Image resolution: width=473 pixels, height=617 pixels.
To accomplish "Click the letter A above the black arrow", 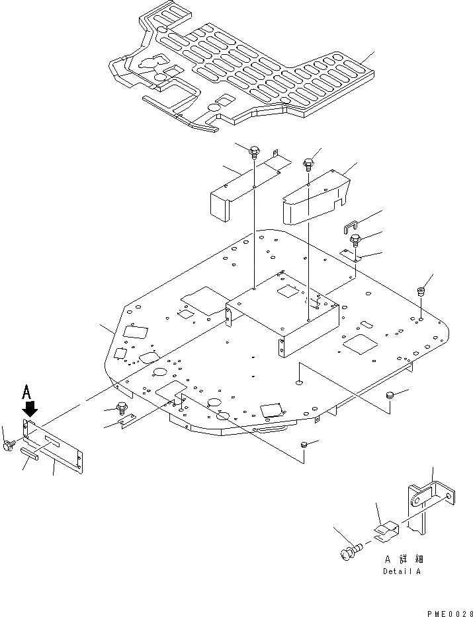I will coord(26,392).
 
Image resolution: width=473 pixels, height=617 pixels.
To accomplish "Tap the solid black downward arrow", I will coord(30,409).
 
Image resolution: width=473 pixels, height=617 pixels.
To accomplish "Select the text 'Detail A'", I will coord(401,571).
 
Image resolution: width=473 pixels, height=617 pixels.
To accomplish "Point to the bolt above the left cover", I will coord(255,153).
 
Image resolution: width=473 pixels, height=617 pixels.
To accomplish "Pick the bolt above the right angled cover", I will coord(308,162).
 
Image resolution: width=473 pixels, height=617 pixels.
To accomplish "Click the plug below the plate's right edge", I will coord(390,395).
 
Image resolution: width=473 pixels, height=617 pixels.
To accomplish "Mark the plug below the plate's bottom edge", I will coord(304,446).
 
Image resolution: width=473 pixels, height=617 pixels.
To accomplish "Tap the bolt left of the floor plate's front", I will coord(120,408).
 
